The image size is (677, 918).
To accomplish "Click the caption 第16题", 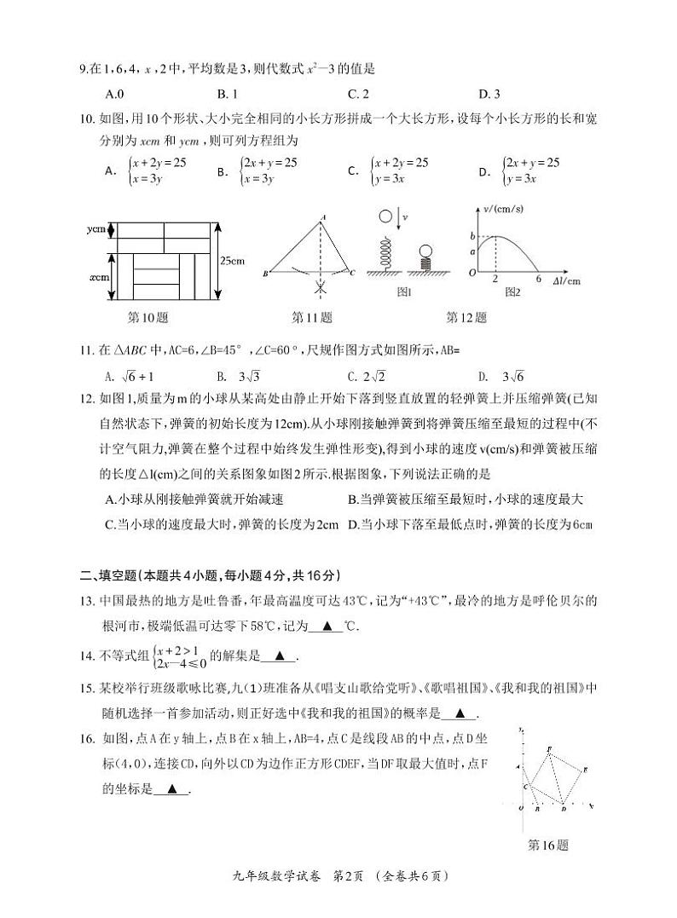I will pos(547,846).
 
